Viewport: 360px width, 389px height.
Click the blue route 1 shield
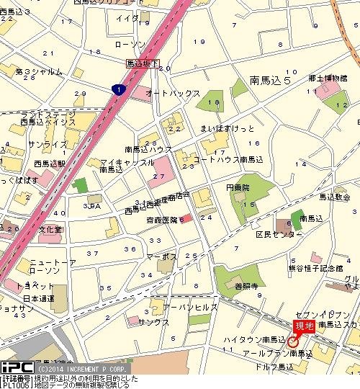(x=117, y=89)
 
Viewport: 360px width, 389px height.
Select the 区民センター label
(x=277, y=236)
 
